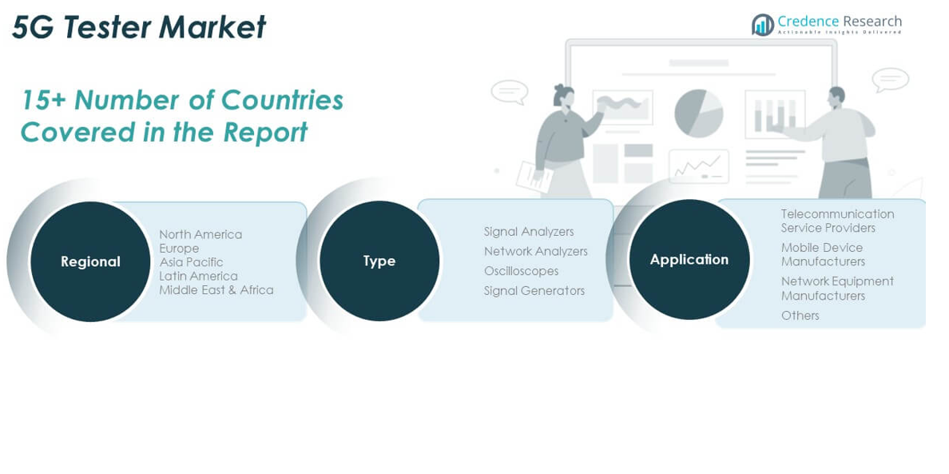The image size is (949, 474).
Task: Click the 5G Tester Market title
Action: pos(138,27)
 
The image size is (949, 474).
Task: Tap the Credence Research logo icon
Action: pos(763,25)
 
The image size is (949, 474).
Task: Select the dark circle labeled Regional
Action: pos(90,261)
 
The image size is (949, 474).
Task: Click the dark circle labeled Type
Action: pos(379,261)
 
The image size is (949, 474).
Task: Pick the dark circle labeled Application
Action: pos(689,260)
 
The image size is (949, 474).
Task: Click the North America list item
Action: pos(201,234)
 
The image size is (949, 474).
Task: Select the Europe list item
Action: pos(179,248)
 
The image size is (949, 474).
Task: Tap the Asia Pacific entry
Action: pos(191,262)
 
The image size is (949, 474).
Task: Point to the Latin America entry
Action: pos(198,276)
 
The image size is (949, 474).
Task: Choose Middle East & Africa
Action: pos(216,290)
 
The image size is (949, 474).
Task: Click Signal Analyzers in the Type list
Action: pos(529,232)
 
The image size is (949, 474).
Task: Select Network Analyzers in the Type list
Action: pos(535,251)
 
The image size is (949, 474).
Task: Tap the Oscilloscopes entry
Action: pos(521,271)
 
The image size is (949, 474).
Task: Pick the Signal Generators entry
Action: pos(534,291)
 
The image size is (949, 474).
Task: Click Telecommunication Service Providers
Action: pos(837,221)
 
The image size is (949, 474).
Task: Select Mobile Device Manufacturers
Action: pos(823,254)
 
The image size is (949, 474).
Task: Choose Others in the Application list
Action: pos(800,316)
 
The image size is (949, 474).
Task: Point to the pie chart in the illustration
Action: pos(698,113)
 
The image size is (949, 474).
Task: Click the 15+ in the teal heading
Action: pos(43,101)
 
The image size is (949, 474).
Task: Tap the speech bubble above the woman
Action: pos(509,91)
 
